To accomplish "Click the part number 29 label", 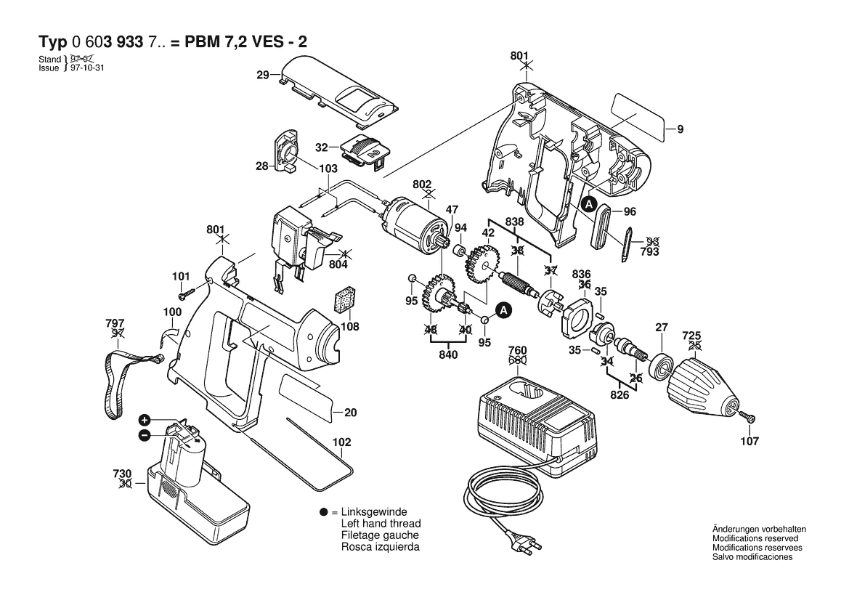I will pyautogui.click(x=263, y=75).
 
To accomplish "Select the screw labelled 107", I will pyautogui.click(x=747, y=418).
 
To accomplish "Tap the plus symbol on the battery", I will pyautogui.click(x=145, y=421).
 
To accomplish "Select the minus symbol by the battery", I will pyautogui.click(x=145, y=435).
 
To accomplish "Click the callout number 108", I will pyautogui.click(x=350, y=327).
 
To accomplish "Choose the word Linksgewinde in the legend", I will pyautogui.click(x=374, y=512).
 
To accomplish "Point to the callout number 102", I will pyautogui.click(x=341, y=442).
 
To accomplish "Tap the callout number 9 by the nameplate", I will pyautogui.click(x=680, y=130).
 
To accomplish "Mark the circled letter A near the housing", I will pyautogui.click(x=589, y=204).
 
